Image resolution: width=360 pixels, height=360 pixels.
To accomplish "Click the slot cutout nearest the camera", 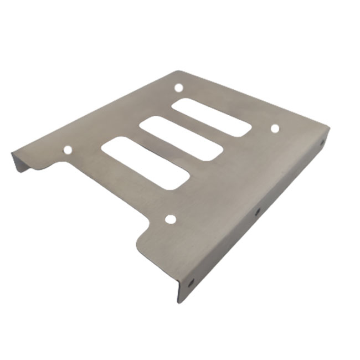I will click(146, 163).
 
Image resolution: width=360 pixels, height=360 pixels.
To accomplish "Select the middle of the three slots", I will click(180, 138).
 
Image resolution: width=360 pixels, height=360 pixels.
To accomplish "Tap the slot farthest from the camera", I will click(211, 117).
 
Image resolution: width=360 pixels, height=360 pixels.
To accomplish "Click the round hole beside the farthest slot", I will click(178, 88).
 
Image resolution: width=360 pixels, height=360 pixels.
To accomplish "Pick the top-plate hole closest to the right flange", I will click(275, 128).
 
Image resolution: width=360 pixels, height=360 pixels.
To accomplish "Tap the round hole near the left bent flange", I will click(68, 150).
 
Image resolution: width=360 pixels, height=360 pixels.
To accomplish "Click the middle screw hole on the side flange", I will click(257, 211).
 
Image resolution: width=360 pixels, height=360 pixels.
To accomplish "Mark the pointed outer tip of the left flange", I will click(12, 153).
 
